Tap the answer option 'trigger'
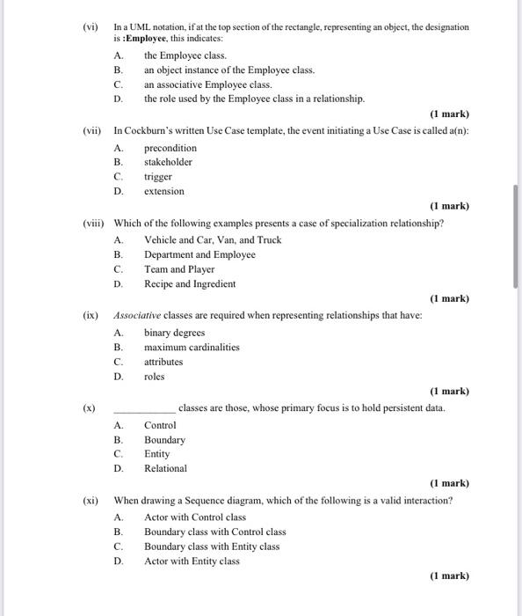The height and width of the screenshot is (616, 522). coord(158,177)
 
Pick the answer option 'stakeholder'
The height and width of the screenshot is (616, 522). coord(168,162)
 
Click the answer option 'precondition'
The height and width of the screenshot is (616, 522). coord(170,148)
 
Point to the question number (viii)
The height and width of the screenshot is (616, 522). coord(90,224)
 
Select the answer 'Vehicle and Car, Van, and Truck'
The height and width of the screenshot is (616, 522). coord(213,239)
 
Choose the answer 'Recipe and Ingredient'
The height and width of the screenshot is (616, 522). coord(190,284)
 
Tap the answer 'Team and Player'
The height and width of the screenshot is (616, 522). coord(179,269)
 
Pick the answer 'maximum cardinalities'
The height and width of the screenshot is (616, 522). coord(192,347)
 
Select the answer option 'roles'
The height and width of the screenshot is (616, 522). coord(155,377)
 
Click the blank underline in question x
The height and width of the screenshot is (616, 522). coord(145,409)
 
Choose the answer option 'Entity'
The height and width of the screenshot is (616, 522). coord(157,454)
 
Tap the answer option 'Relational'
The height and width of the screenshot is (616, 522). coord(165,468)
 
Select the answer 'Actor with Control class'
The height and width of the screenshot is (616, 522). coord(195,517)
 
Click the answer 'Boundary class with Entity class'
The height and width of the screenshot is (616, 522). coord(212,546)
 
